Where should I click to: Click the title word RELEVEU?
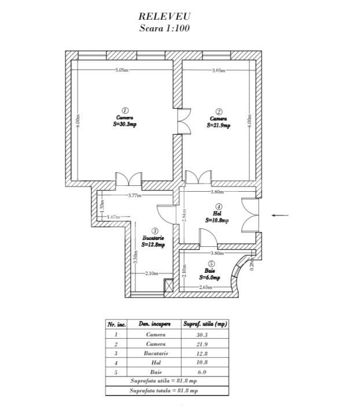[164, 17]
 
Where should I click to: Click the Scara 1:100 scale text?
[164, 28]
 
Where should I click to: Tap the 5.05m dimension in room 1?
[122, 70]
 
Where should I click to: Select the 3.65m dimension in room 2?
[218, 70]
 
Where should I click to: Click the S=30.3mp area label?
[124, 123]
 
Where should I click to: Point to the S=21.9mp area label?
[219, 125]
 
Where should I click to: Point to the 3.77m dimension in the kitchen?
[134, 195]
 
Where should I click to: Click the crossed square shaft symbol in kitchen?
[169, 286]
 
